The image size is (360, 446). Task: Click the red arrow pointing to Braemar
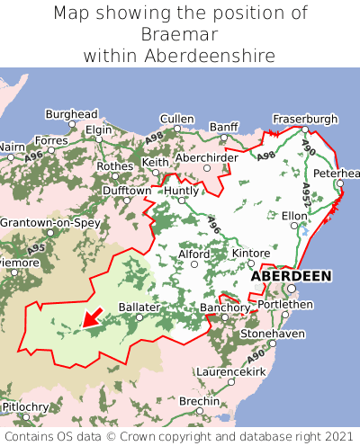coord(91,317)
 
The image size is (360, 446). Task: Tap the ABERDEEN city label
coord(290,276)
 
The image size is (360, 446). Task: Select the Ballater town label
coord(139,307)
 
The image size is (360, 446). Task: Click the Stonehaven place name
coord(272,334)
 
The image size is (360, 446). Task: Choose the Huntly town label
coord(182,191)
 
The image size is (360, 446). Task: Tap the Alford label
coord(193,254)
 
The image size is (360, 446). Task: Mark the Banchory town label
coord(224,308)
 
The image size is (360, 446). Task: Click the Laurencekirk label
coord(230,370)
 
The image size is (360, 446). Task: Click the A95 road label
coord(37,247)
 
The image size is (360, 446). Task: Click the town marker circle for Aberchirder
coord(207,168)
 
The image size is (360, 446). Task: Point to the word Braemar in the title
coord(180,34)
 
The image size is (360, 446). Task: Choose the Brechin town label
coord(198,400)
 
